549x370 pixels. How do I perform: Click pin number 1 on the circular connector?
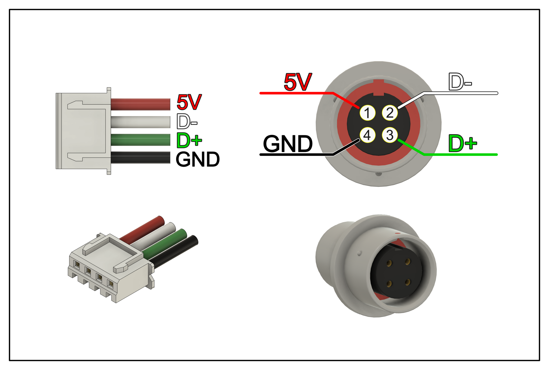(367, 113)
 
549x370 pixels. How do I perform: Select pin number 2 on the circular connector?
(390, 113)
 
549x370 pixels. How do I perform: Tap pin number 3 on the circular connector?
(390, 135)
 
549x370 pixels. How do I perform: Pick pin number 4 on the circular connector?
(367, 135)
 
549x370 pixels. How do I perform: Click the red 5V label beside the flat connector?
(189, 102)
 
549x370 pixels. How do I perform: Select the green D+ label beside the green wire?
(189, 140)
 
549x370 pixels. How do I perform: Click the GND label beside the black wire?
(197, 159)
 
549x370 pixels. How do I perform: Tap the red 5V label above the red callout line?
(298, 82)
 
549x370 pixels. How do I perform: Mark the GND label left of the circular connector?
(288, 144)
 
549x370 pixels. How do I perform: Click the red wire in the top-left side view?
(140, 104)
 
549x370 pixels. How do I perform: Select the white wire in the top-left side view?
(140, 122)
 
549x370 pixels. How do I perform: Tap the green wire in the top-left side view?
(140, 140)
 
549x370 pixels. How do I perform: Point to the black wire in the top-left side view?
(140, 158)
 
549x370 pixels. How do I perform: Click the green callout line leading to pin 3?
(460, 154)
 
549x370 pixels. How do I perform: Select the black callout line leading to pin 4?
(296, 154)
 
